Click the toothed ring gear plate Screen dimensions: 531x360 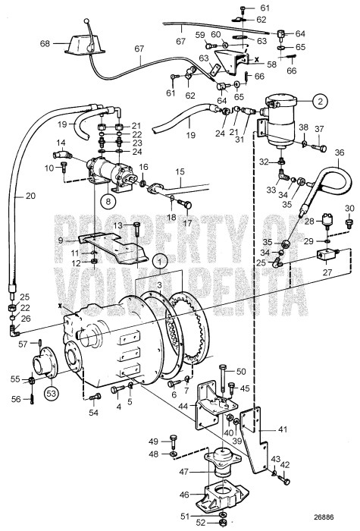coord(196,328)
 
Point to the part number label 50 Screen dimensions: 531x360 coord(241,372)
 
